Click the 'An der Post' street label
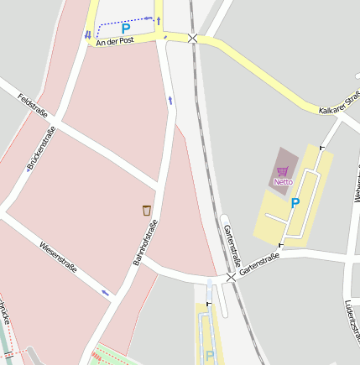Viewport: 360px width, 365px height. click(115, 40)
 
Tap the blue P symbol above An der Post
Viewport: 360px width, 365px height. click(126, 29)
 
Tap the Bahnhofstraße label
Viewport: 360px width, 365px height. click(146, 243)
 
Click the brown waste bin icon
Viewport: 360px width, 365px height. click(147, 209)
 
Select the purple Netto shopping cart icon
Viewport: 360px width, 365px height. click(283, 171)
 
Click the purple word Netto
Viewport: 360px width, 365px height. click(283, 181)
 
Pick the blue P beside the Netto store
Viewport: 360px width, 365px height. click(295, 203)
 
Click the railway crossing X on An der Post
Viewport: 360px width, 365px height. click(193, 38)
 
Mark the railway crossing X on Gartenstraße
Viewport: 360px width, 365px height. click(231, 276)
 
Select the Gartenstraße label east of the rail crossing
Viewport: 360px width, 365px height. click(258, 265)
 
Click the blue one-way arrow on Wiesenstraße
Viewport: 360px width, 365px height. click(106, 292)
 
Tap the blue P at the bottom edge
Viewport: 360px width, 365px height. click(210, 356)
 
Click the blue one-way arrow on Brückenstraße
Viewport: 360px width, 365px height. click(28, 168)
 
